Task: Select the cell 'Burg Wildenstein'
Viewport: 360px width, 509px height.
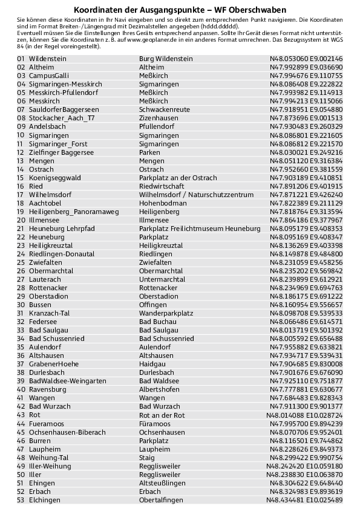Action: [x=166, y=59]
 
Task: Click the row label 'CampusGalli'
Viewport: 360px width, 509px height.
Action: [x=49, y=76]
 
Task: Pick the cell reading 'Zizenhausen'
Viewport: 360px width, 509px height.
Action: [x=158, y=118]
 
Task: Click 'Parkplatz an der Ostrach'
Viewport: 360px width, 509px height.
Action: [x=178, y=178]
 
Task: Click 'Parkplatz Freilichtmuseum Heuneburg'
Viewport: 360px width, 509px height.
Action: [x=200, y=229]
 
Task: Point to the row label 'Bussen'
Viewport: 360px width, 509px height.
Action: [x=40, y=305]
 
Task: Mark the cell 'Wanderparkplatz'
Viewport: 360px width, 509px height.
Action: [x=166, y=314]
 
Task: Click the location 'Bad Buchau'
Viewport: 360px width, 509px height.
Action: [x=156, y=322]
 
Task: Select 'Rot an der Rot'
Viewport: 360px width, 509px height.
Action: [x=162, y=415]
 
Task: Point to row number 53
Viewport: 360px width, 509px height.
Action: [x=21, y=500]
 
